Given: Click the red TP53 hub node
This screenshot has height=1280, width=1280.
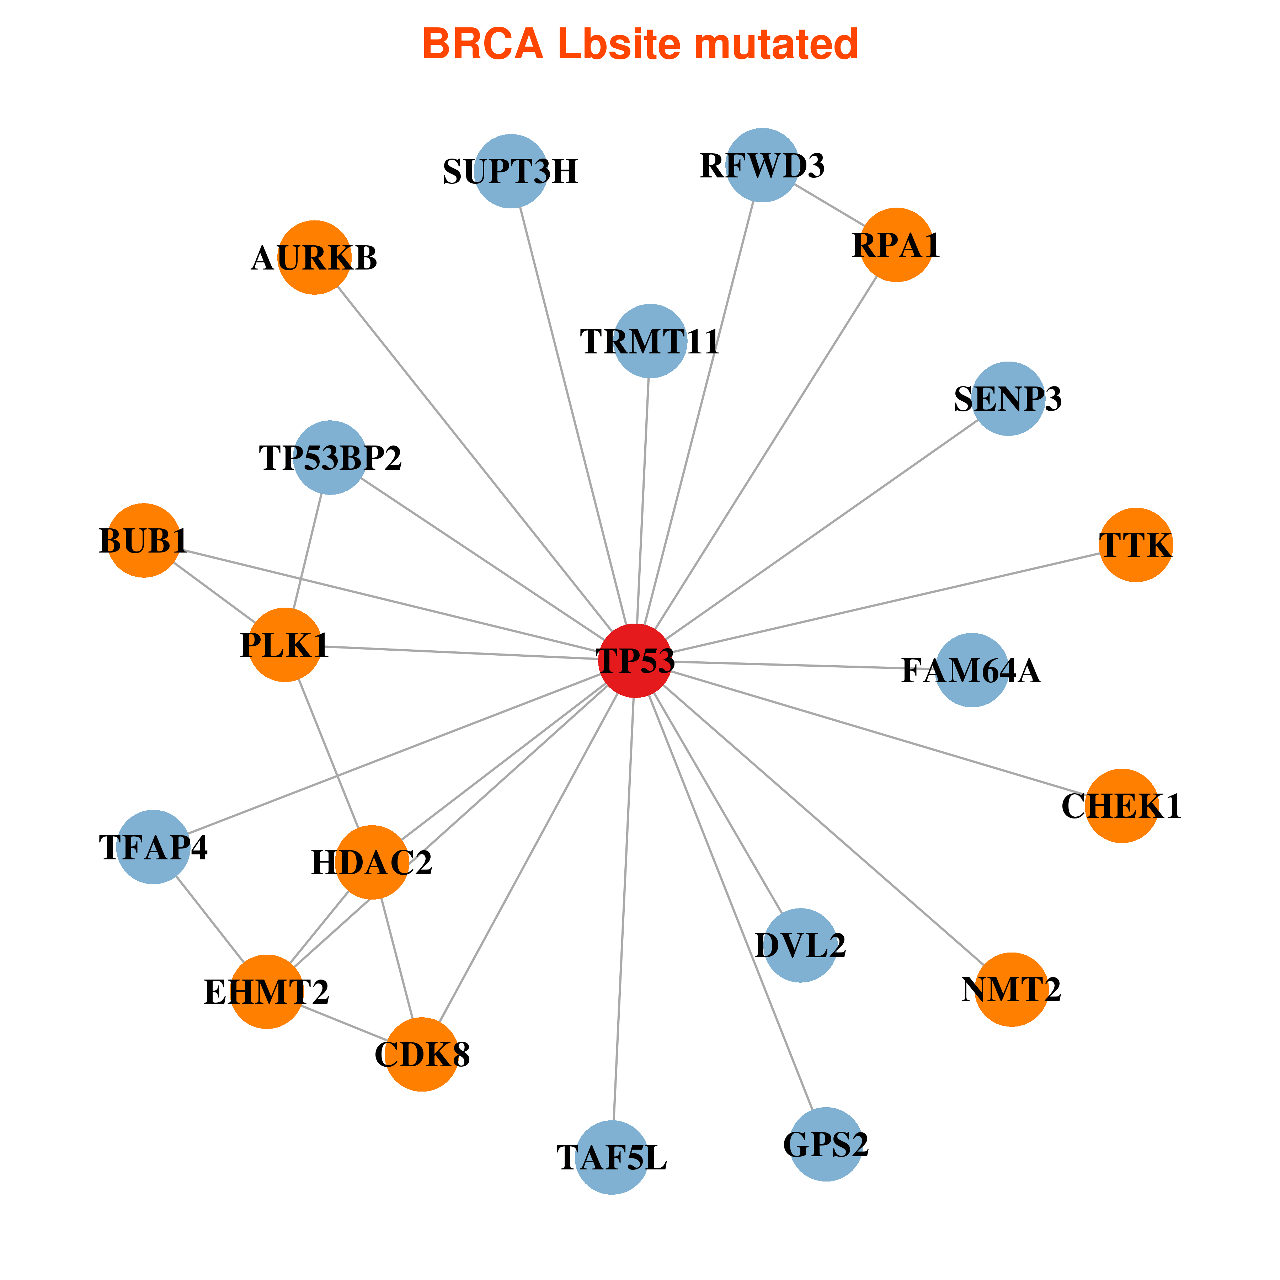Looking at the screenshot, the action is click(635, 661).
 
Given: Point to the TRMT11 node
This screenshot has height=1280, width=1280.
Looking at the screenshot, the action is click(650, 341).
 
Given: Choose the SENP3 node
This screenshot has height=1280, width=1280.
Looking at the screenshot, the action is click(1008, 399).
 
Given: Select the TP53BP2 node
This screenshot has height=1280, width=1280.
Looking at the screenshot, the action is click(330, 457).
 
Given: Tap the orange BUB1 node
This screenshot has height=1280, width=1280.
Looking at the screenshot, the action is click(144, 540).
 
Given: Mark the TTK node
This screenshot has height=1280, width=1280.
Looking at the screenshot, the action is click(1136, 545).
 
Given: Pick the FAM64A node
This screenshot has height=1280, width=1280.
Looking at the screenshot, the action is click(971, 670).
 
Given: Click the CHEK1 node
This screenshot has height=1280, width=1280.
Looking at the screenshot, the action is click(1121, 806).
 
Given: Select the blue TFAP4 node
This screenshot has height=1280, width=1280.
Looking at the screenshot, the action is click(153, 847).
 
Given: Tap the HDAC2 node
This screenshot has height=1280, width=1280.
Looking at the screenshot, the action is click(372, 862).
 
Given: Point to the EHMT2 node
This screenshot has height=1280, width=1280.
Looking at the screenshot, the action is click(266, 991).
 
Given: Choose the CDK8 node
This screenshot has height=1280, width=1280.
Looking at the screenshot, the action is click(422, 1054).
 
